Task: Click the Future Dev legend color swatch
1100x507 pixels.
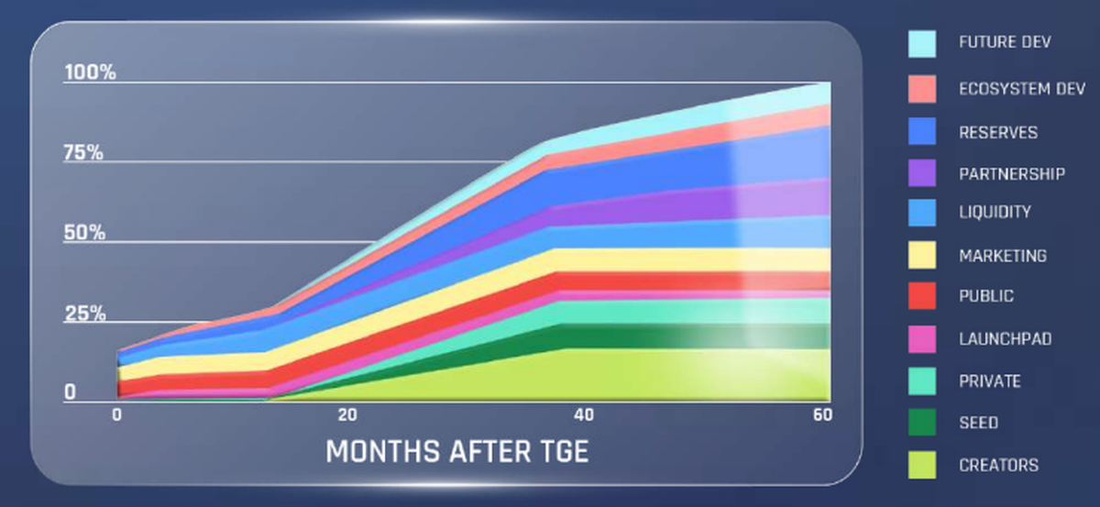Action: [x=922, y=43]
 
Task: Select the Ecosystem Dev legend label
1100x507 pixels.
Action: [x=1021, y=89]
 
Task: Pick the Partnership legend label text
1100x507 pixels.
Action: [x=1012, y=173]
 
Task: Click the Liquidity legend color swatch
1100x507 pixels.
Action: [x=922, y=212]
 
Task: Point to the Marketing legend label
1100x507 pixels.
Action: [x=1003, y=256]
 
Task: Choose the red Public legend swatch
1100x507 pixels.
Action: [x=922, y=295]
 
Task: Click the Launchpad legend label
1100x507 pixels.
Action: [x=1005, y=339]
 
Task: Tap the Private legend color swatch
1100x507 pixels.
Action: [x=922, y=380]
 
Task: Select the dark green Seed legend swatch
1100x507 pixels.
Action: [x=922, y=423]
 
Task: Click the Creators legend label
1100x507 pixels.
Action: [x=998, y=466]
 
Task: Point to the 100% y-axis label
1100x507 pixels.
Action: [x=89, y=72]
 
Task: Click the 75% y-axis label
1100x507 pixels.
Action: [x=83, y=152]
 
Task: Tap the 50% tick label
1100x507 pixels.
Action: [x=83, y=233]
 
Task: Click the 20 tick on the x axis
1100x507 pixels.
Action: [x=346, y=415]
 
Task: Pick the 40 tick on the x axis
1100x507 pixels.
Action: [x=584, y=415]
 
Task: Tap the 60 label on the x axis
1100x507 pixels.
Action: [x=821, y=415]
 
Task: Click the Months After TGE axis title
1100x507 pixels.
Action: [x=456, y=452]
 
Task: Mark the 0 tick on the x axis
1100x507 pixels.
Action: [x=117, y=415]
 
